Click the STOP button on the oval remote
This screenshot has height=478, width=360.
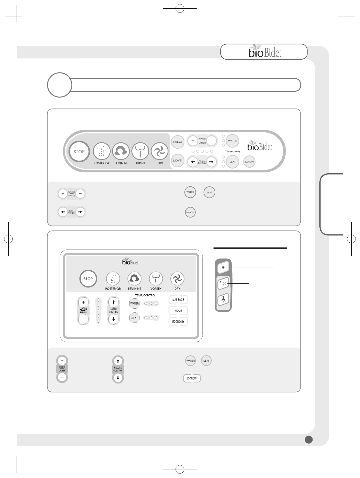tap(79, 152)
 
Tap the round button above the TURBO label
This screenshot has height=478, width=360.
tap(140, 151)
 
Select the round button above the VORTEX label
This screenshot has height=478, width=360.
tap(156, 279)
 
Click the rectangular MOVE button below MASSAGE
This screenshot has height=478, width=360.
tap(178, 311)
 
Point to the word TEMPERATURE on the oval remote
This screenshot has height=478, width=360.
tap(233, 152)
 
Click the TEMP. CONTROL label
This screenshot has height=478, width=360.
tap(145, 295)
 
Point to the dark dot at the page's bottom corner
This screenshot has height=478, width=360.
tap(309, 439)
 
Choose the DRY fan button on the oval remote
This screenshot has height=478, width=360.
tap(160, 151)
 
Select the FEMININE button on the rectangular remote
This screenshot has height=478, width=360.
tap(135, 279)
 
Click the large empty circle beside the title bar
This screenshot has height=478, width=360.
tap(60, 85)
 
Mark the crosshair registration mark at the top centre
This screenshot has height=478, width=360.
tap(180, 9)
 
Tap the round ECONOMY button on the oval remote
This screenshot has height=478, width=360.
tap(249, 162)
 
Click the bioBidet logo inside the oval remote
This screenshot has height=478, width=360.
tap(260, 146)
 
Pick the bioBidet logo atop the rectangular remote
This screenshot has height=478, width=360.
tap(130, 261)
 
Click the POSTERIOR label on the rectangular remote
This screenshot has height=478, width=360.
tap(113, 289)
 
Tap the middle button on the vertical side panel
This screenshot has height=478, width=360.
tap(223, 283)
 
